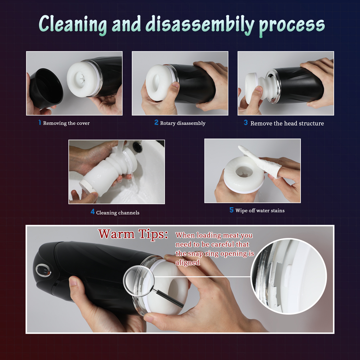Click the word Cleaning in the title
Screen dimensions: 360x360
(x=73, y=25)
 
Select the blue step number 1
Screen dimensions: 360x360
(x=40, y=122)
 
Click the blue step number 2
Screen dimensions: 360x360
(x=156, y=122)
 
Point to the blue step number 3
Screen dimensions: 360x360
(x=246, y=123)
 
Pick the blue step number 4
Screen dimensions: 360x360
(x=93, y=212)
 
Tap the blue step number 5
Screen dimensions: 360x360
(x=231, y=210)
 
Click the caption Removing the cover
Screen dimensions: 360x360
(x=66, y=123)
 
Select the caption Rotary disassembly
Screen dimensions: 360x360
(x=183, y=123)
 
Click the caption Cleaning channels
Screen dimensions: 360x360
(x=118, y=213)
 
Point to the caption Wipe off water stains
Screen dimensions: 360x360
(x=260, y=211)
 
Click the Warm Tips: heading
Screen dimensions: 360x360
(x=133, y=234)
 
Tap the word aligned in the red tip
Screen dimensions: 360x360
(x=188, y=262)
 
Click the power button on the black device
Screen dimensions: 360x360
(x=43, y=270)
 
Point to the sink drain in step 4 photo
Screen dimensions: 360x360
(x=137, y=146)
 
